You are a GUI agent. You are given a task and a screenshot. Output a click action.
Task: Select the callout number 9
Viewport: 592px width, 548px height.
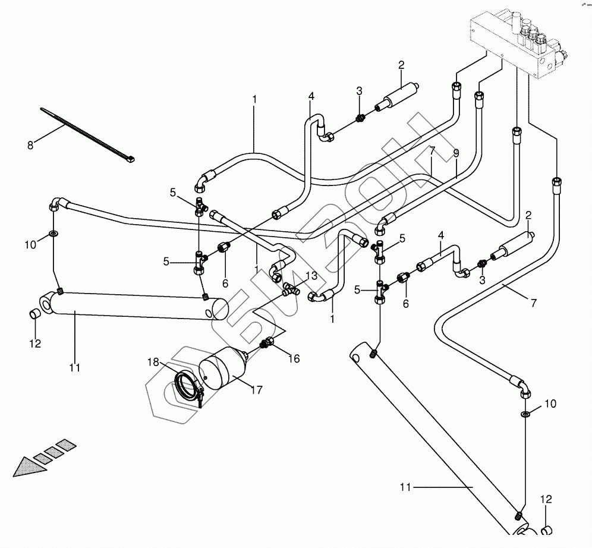pyautogui.click(x=456, y=153)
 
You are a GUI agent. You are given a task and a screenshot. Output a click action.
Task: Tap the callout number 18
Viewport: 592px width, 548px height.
pyautogui.click(x=154, y=362)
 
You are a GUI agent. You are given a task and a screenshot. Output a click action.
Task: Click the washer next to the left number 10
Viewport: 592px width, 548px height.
pyautogui.click(x=54, y=233)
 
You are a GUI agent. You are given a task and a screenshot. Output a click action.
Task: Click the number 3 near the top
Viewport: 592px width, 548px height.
pyautogui.click(x=359, y=91)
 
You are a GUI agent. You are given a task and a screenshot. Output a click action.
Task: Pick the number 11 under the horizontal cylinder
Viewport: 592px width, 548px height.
pyautogui.click(x=74, y=368)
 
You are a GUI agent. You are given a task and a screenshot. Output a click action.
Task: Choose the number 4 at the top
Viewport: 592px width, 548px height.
pyautogui.click(x=310, y=96)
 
